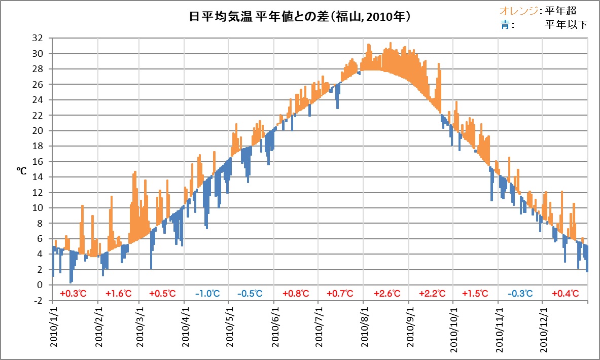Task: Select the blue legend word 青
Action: [x=505, y=24]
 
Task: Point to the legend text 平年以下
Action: [x=566, y=24]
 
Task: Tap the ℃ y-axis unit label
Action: [x=22, y=171]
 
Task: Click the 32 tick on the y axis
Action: [x=37, y=38]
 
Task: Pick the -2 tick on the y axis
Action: [x=38, y=300]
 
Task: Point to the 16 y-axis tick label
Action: [x=37, y=162]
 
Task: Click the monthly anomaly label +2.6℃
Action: [x=387, y=293]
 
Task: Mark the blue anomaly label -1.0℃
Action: [x=208, y=293]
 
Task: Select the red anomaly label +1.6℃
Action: [x=119, y=293]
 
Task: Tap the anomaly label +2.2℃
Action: [x=432, y=293]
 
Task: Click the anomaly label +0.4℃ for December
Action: [x=564, y=293]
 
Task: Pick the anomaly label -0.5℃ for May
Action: [x=250, y=293]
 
